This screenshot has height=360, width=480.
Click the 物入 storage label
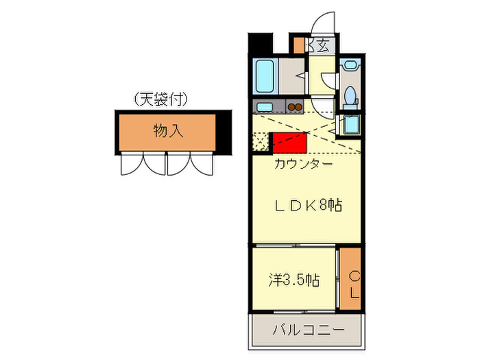coord(167,130)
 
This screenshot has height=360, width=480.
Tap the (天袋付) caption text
coord(161,99)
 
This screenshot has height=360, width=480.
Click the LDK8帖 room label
coord(309,204)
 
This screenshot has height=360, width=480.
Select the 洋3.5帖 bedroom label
coord(293,280)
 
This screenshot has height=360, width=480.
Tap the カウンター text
coord(303,164)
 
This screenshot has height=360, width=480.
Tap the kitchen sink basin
coord(263,107)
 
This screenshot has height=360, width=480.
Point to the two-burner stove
coord(295,107)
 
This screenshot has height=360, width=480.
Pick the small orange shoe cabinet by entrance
coord(299,45)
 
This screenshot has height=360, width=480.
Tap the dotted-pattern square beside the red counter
coord(261,141)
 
